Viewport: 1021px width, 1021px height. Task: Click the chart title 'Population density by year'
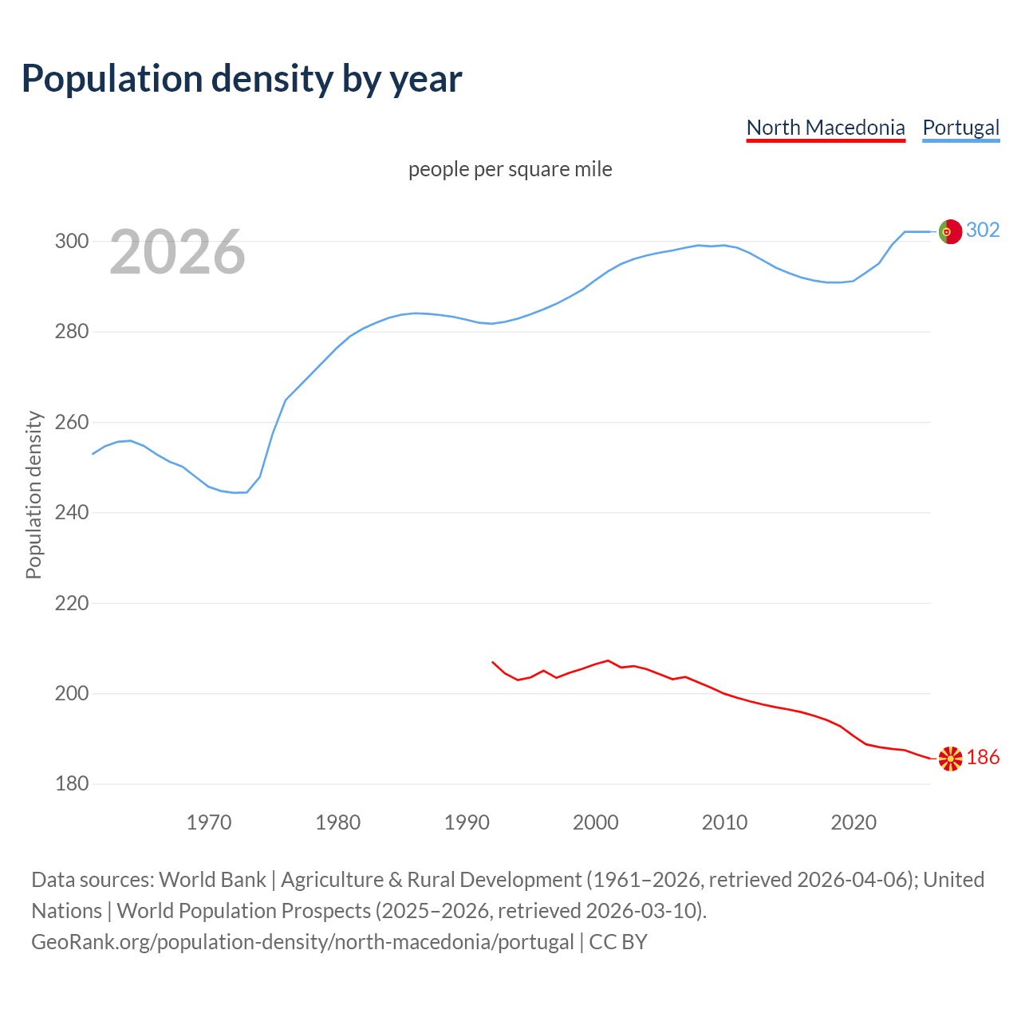point(242,79)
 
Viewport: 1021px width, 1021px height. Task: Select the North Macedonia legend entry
point(826,128)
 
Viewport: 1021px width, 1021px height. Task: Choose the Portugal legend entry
point(960,128)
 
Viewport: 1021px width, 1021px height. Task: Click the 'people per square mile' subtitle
point(510,169)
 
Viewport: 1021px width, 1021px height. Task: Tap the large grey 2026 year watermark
point(177,252)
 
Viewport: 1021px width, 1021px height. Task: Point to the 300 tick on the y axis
point(71,241)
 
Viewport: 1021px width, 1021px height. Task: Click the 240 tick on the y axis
point(71,512)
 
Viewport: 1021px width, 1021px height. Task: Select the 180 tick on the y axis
point(71,784)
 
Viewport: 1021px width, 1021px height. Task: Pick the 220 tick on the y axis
point(71,603)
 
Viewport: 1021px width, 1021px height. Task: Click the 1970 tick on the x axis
point(209,822)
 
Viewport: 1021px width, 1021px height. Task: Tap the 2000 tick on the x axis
point(596,822)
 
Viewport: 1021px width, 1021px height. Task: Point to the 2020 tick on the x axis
point(853,822)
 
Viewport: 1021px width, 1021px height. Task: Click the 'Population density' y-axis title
point(34,495)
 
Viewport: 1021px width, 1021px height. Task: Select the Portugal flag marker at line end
point(950,231)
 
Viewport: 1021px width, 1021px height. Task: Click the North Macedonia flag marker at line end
point(950,759)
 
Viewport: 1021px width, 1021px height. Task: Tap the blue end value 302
point(983,231)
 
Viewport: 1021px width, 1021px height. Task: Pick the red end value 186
point(983,758)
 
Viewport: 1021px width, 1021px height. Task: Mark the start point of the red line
point(492,661)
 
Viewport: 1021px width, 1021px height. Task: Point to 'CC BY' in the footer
point(618,942)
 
